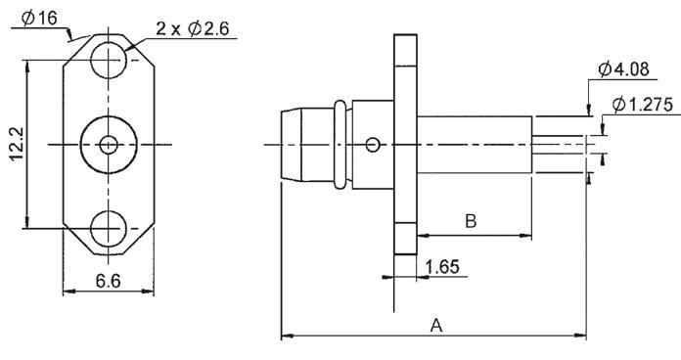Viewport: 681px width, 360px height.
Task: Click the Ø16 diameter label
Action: [39, 19]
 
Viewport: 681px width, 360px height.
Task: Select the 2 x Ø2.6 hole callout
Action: [193, 28]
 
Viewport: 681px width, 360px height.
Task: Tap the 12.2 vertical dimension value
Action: [17, 144]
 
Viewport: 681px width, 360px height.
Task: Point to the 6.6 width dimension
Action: [109, 281]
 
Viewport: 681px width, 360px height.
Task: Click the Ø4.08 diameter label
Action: [623, 69]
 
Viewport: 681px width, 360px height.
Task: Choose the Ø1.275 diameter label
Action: [642, 105]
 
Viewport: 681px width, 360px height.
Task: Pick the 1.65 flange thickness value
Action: [442, 267]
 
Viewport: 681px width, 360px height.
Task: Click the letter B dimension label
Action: [471, 221]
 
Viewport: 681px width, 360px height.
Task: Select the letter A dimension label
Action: [436, 325]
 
